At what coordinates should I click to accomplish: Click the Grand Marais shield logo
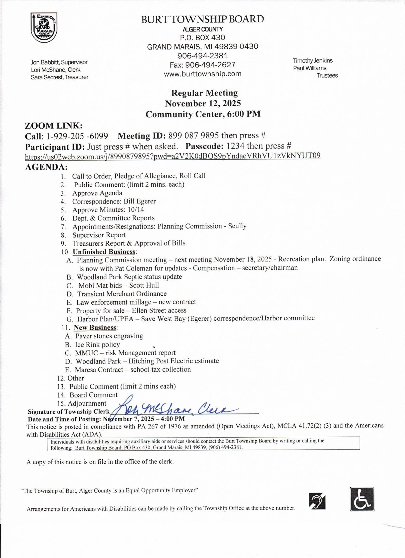click(x=44, y=28)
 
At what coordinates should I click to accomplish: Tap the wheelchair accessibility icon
click(x=362, y=499)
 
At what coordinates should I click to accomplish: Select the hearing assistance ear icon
click(x=317, y=501)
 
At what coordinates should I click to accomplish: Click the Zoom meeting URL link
click(x=172, y=156)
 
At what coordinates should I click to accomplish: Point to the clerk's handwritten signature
click(x=174, y=409)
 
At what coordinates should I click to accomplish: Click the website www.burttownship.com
click(x=202, y=74)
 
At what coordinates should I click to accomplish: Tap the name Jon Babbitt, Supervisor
click(x=59, y=62)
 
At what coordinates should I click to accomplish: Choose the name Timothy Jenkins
click(x=313, y=60)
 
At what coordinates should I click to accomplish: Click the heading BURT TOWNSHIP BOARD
click(x=202, y=19)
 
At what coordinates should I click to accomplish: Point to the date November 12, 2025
click(x=203, y=104)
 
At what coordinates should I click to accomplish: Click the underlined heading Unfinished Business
click(x=104, y=251)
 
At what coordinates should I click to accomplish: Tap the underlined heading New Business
click(x=95, y=327)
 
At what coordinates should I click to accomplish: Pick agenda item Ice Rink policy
click(x=97, y=345)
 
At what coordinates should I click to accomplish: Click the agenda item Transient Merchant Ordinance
click(x=122, y=294)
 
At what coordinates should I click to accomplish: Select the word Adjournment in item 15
click(x=87, y=403)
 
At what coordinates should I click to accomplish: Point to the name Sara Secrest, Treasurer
click(x=60, y=77)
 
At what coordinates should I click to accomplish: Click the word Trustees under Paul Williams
click(x=327, y=75)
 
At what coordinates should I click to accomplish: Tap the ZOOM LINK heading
click(x=54, y=126)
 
